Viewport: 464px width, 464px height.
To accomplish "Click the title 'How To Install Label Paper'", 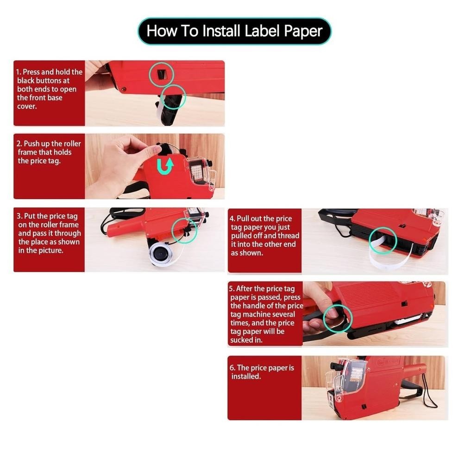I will tap(234, 31).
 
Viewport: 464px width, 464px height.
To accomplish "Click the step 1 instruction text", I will tap(49, 89).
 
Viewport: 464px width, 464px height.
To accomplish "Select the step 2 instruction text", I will tap(49, 152).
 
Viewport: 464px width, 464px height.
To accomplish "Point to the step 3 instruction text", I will tap(49, 233).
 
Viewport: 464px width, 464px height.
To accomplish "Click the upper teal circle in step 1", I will tap(161, 74).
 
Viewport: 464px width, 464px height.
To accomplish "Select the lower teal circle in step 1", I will tap(173, 97).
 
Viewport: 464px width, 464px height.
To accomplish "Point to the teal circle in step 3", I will tap(184, 230).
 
